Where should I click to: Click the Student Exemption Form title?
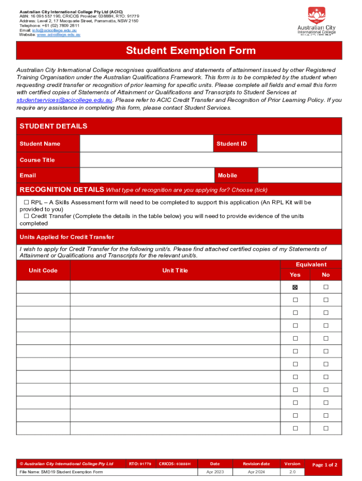coord(190,51)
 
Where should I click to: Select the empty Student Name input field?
coord(147,144)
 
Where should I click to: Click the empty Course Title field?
coord(211,160)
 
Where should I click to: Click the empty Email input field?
coord(147,175)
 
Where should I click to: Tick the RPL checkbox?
coord(27,202)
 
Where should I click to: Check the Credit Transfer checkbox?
coord(27,216)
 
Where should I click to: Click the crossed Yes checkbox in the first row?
coord(295,287)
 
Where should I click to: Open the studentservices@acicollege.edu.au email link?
coord(64,100)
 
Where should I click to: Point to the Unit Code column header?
coord(43,270)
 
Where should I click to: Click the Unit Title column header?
coord(175,270)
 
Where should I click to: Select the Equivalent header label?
coord(311,264)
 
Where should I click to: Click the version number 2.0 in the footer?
coord(292,472)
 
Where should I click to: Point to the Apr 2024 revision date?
coord(257,472)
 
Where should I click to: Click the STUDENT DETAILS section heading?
coord(53,126)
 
